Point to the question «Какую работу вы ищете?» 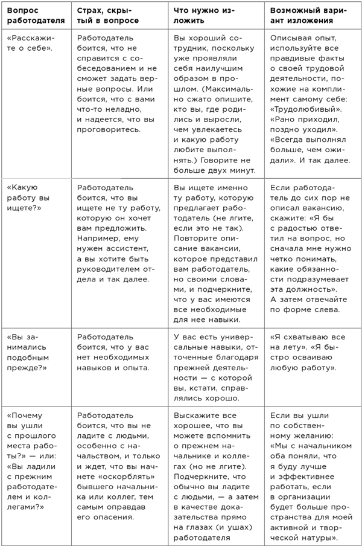29,197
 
